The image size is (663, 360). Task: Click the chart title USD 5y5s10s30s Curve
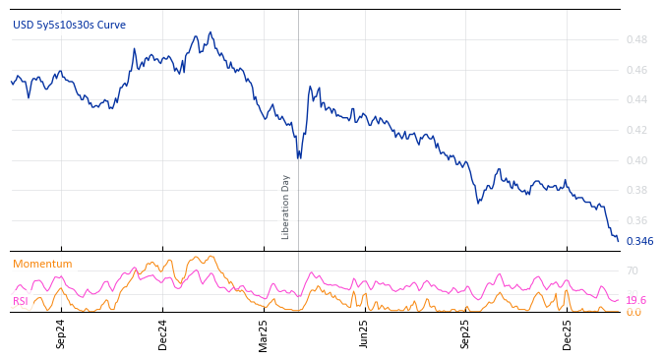click(69, 26)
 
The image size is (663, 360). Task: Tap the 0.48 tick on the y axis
click(636, 40)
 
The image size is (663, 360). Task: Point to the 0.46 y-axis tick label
click(636, 70)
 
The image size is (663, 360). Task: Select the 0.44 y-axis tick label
click(636, 100)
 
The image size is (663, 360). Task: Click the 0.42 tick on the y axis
click(636, 130)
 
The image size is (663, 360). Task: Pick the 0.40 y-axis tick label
click(636, 160)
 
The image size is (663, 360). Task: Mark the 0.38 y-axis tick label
click(636, 191)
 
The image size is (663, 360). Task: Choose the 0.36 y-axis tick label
click(636, 221)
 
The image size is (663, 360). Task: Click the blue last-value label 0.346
click(639, 242)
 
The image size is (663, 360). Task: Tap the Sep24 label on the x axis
click(61, 334)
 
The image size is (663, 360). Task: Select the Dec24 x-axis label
click(163, 334)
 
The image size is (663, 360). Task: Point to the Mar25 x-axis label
click(264, 334)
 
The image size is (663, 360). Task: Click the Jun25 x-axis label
click(365, 334)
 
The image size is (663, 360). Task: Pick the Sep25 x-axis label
click(466, 334)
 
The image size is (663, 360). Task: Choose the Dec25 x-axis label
click(568, 334)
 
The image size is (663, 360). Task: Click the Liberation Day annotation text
click(286, 207)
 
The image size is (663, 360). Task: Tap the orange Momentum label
click(42, 265)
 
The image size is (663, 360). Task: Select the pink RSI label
click(21, 302)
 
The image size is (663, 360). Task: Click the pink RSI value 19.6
click(636, 301)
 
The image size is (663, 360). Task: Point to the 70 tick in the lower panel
click(633, 271)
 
